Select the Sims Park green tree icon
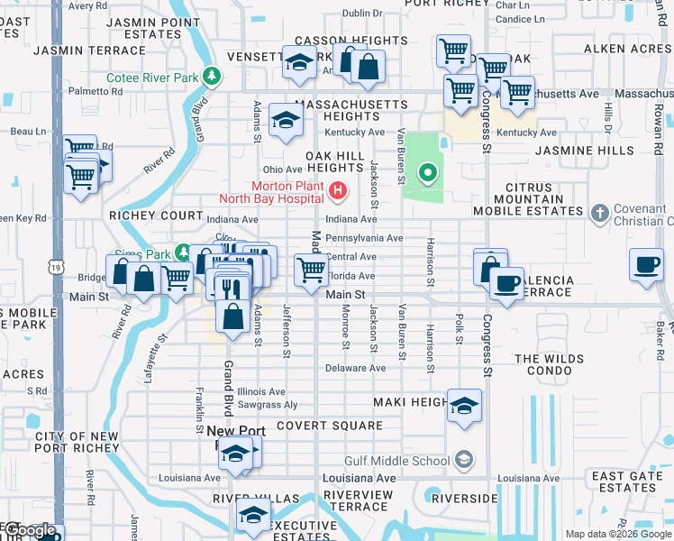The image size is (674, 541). pos(183,252)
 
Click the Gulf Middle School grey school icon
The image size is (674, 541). pos(463,461)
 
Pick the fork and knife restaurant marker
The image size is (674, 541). pos(232,288)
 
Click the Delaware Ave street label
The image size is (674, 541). pos(355,368)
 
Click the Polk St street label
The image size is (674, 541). pos(459,329)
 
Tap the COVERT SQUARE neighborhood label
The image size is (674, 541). pos(317,425)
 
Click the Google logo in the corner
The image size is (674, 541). pos(31,530)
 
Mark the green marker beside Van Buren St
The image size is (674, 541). pos(428,171)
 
